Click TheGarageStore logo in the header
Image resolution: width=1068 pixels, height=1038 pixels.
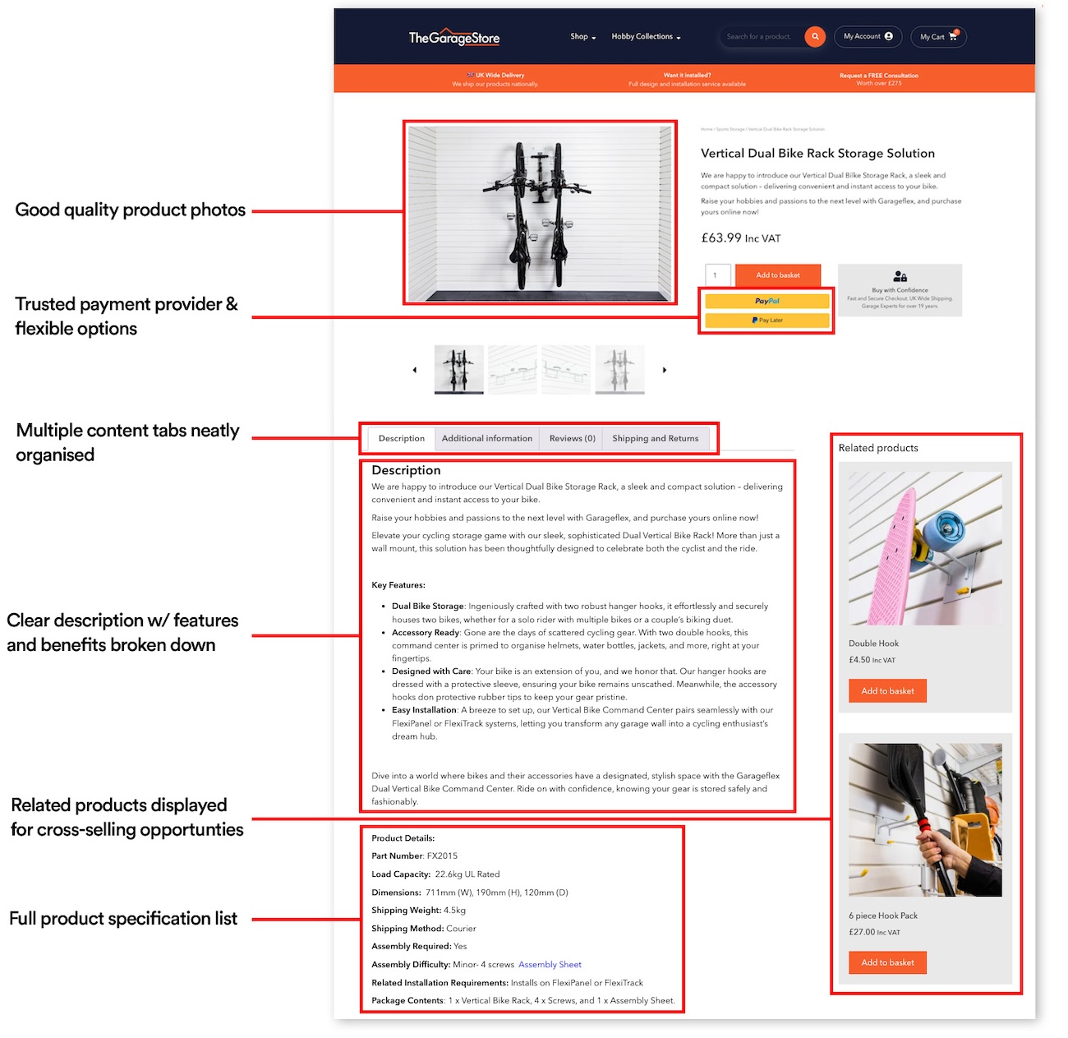(453, 38)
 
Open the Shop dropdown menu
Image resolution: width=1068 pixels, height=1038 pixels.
(582, 37)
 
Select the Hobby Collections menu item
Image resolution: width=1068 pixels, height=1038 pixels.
(646, 37)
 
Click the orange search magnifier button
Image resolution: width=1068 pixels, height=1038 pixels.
(815, 37)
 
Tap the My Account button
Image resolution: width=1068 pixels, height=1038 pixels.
(868, 37)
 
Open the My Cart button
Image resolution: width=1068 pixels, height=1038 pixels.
(938, 37)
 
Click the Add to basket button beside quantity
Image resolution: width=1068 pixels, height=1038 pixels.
(777, 275)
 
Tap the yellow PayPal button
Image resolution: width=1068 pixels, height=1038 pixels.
(766, 302)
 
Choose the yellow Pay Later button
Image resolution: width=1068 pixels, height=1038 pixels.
(766, 321)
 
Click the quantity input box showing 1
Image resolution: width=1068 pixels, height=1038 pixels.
(716, 275)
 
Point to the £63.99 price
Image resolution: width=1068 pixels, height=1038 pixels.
(721, 238)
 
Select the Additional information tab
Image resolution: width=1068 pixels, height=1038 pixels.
(486, 439)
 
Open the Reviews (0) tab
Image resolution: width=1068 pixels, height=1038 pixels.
(572, 439)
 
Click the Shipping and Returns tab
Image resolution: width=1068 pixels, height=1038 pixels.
(655, 439)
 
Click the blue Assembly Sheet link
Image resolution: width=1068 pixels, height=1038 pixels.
(550, 965)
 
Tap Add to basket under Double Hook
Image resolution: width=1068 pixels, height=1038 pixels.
(887, 691)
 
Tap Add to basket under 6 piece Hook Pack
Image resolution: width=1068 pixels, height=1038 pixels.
(887, 963)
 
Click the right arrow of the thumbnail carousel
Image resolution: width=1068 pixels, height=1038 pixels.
(665, 371)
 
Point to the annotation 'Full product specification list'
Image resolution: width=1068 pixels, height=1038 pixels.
(123, 919)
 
